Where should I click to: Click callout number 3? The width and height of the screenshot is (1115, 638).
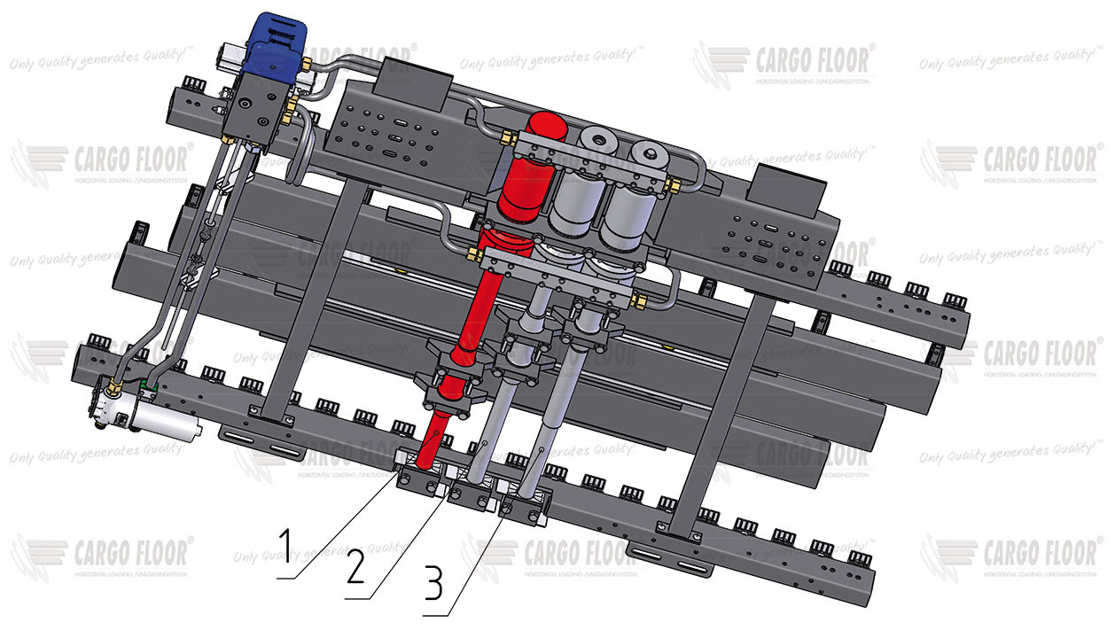[433, 584]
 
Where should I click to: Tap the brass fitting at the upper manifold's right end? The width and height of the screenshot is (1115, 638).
[676, 184]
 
